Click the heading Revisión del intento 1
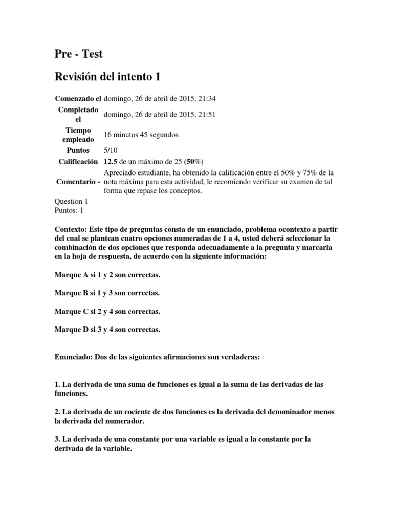(107, 77)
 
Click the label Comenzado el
(78, 98)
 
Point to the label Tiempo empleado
(78, 135)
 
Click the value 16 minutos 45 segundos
(141, 135)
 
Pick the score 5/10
(111, 151)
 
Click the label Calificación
(78, 162)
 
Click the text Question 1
(71, 202)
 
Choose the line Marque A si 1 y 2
(107, 275)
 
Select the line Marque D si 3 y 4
(107, 330)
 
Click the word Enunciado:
(73, 358)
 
